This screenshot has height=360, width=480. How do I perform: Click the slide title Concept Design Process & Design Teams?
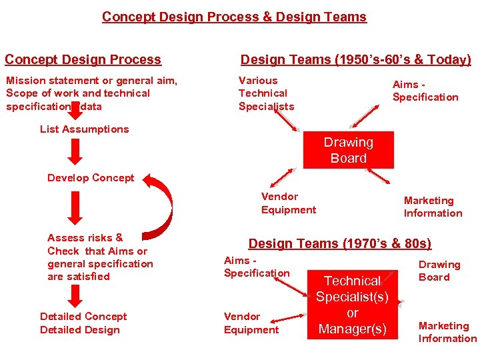(x=234, y=17)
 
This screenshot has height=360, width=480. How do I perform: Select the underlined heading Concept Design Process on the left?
(x=83, y=59)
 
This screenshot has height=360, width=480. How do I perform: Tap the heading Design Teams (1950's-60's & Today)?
(x=355, y=59)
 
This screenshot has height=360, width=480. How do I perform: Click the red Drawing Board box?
(x=348, y=150)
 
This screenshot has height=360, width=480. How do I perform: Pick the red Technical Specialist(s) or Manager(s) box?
(x=352, y=305)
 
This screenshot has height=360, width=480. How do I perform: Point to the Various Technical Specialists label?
(x=266, y=93)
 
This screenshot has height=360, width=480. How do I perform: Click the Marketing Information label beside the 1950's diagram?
(x=433, y=207)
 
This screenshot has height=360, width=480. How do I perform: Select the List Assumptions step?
(x=85, y=129)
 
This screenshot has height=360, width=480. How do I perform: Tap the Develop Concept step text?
(x=91, y=178)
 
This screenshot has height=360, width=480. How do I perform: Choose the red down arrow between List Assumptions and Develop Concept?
(x=77, y=152)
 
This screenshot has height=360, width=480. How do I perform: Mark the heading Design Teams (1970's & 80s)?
(x=340, y=243)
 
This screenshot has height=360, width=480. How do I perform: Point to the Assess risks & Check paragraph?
(x=100, y=257)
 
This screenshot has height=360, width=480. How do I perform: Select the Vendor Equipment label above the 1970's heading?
(x=289, y=203)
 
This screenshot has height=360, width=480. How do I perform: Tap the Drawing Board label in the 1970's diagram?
(x=439, y=271)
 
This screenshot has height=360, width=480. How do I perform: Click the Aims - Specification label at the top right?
(x=425, y=91)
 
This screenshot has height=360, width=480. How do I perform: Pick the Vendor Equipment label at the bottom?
(x=251, y=323)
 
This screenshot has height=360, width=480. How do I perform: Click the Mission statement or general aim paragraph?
(x=92, y=93)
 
